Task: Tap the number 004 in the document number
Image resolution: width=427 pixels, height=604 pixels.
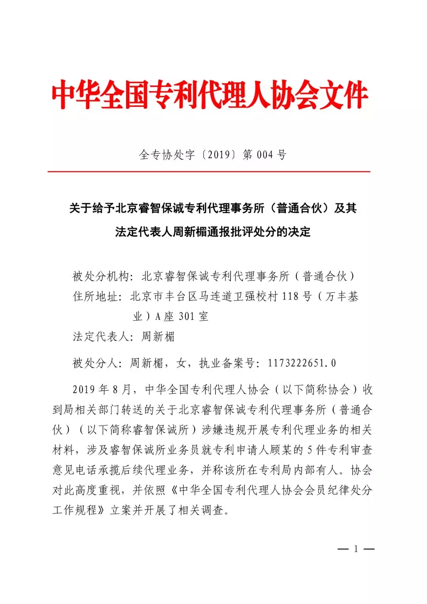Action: coord(265,155)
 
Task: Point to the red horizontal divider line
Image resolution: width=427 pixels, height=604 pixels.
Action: coord(209,172)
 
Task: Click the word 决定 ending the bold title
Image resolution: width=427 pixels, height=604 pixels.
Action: coord(299,232)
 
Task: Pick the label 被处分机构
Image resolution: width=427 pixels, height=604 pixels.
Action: coord(100,276)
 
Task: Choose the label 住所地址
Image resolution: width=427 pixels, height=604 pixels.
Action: coord(95,296)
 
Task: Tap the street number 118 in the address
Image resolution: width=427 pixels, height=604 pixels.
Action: coord(290,296)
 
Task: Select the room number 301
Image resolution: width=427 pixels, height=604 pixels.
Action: coord(187,316)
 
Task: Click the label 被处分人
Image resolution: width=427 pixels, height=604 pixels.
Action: coord(95,363)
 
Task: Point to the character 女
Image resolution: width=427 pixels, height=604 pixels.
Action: coord(181,363)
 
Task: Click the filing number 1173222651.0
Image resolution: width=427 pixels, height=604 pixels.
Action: coord(302,363)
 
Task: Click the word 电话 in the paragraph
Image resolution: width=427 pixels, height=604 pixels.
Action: coord(87,470)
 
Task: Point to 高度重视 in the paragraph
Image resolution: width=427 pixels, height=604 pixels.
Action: coord(98,490)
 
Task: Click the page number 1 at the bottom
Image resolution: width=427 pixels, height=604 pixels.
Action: coord(356,549)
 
